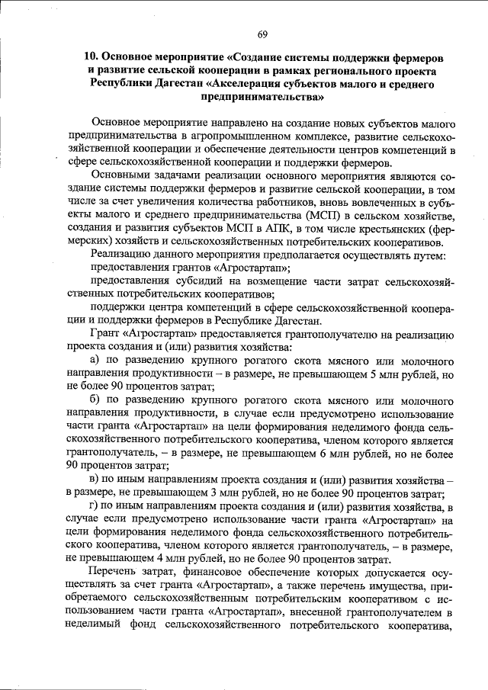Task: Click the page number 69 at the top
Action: point(262,34)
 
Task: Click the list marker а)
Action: point(96,360)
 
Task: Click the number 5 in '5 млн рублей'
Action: point(371,374)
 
